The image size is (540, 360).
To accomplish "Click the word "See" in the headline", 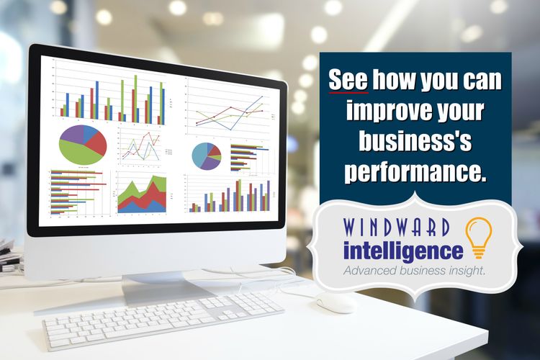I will pos(348,81).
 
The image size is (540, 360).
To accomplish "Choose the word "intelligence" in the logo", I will pos(402,252).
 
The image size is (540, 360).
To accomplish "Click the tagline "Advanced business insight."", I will pos(413,271).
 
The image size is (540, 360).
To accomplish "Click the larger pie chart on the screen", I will pos(82,144).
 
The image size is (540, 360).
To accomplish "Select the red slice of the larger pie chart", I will pos(96,143).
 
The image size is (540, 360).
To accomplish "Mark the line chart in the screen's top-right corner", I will pos(227,108).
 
